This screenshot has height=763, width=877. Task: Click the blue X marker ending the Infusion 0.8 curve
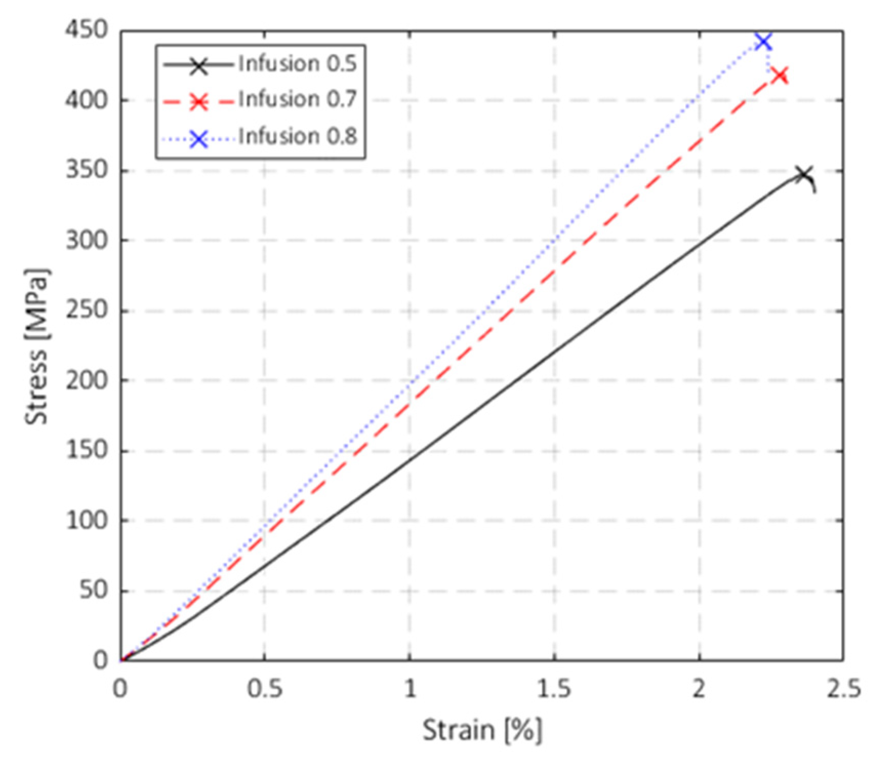(763, 42)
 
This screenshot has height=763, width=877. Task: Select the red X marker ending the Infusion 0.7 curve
(780, 76)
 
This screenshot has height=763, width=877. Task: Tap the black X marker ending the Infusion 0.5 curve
(803, 174)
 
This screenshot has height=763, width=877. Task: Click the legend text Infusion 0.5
(297, 64)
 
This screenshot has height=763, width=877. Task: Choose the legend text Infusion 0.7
(297, 99)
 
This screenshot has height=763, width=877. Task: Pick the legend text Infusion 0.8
(297, 136)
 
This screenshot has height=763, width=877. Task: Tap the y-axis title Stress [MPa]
(37, 346)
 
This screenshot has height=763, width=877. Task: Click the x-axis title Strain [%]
(482, 730)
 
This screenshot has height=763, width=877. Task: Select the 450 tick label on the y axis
(87, 30)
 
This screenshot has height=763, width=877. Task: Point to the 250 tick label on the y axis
(87, 310)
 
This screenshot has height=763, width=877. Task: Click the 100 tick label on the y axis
(87, 520)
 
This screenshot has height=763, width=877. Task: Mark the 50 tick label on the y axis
(94, 590)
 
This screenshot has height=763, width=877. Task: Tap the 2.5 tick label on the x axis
(843, 689)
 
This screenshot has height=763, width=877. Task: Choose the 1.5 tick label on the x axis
(554, 689)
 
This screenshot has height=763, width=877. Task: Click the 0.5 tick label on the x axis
(264, 689)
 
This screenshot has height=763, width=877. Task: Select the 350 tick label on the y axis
(87, 170)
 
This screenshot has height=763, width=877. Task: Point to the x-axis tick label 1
(410, 689)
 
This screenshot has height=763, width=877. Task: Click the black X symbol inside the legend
(199, 66)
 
